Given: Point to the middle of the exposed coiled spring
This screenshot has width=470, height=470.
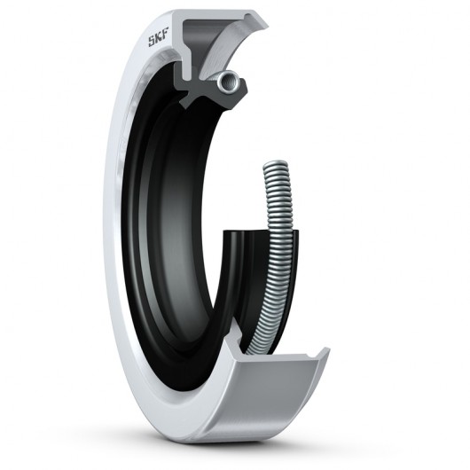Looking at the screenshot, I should (x=282, y=257).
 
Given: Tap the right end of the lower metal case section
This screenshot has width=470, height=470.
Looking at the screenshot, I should (x=325, y=355).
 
